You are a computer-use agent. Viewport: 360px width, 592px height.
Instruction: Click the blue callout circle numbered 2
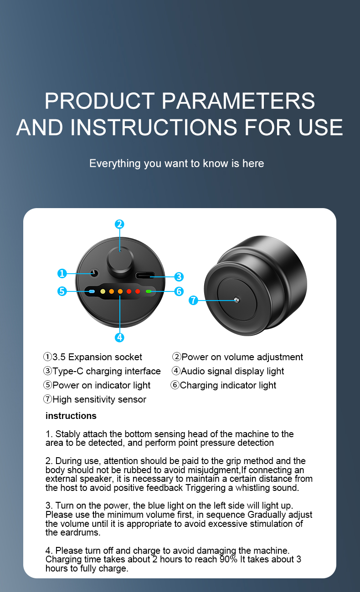tap(119, 224)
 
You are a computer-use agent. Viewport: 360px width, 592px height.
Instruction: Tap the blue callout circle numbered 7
tap(193, 301)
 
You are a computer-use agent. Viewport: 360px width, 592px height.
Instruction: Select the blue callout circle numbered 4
tap(119, 337)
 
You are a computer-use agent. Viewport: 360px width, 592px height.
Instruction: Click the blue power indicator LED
tap(92, 291)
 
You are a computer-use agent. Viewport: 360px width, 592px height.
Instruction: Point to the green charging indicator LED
tap(148, 291)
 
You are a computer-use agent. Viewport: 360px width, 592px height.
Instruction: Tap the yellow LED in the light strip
tap(103, 291)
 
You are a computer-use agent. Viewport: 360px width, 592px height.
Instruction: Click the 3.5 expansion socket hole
tap(94, 273)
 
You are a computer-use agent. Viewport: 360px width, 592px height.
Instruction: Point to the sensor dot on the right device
tap(236, 300)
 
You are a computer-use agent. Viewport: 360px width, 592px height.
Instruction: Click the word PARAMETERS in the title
tap(238, 101)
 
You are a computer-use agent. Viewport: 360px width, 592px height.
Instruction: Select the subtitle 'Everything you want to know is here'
tap(176, 163)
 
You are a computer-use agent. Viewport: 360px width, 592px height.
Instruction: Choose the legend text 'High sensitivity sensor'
tap(99, 399)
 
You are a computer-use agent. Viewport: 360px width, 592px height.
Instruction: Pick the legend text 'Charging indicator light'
tap(227, 385)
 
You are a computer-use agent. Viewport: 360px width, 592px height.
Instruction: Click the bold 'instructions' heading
tap(71, 416)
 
